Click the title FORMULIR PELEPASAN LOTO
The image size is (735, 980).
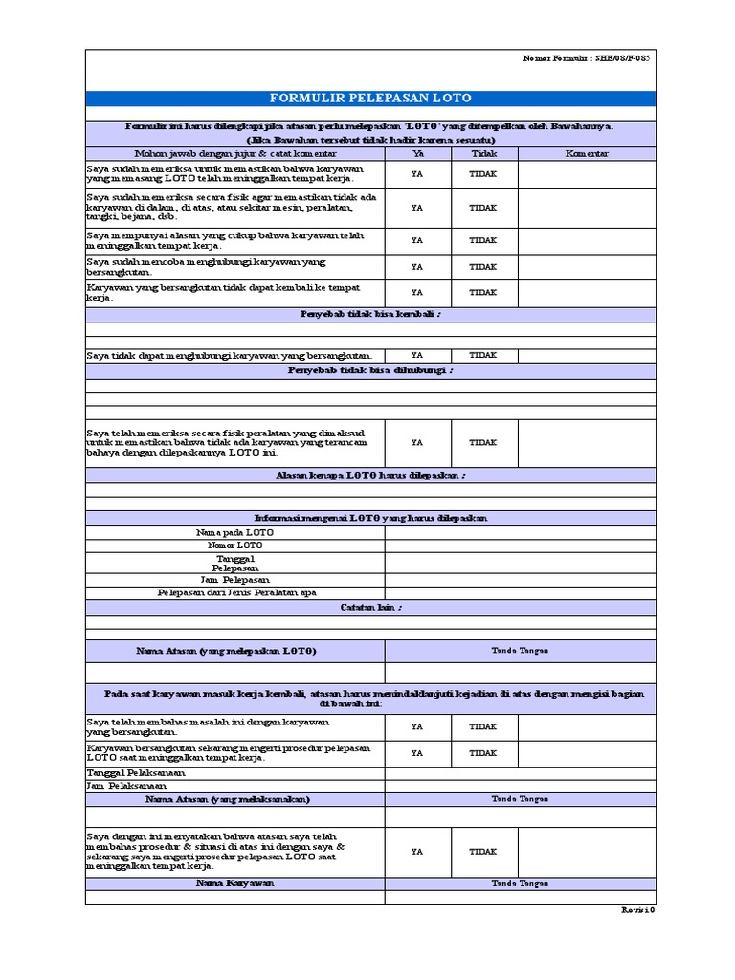click(370, 99)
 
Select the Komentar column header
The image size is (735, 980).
click(587, 153)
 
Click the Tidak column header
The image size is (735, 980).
click(484, 153)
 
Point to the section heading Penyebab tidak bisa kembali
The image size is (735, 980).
click(370, 314)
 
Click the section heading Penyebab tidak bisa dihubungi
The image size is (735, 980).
click(370, 370)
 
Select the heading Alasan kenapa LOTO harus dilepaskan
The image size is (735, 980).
click(370, 475)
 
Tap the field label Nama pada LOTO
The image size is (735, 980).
click(234, 531)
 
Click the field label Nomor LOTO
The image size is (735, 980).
click(234, 545)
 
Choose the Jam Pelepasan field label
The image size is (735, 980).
click(234, 580)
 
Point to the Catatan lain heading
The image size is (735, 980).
click(370, 607)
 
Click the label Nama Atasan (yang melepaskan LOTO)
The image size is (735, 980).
click(234, 651)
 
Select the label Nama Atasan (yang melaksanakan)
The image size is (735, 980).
click(234, 798)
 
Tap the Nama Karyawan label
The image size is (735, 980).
click(234, 883)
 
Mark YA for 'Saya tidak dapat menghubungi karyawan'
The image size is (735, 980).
click(417, 355)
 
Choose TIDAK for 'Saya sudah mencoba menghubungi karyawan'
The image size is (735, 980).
click(483, 267)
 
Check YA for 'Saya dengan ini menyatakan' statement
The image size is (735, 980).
click(417, 851)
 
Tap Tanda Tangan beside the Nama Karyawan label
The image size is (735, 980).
click(521, 883)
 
